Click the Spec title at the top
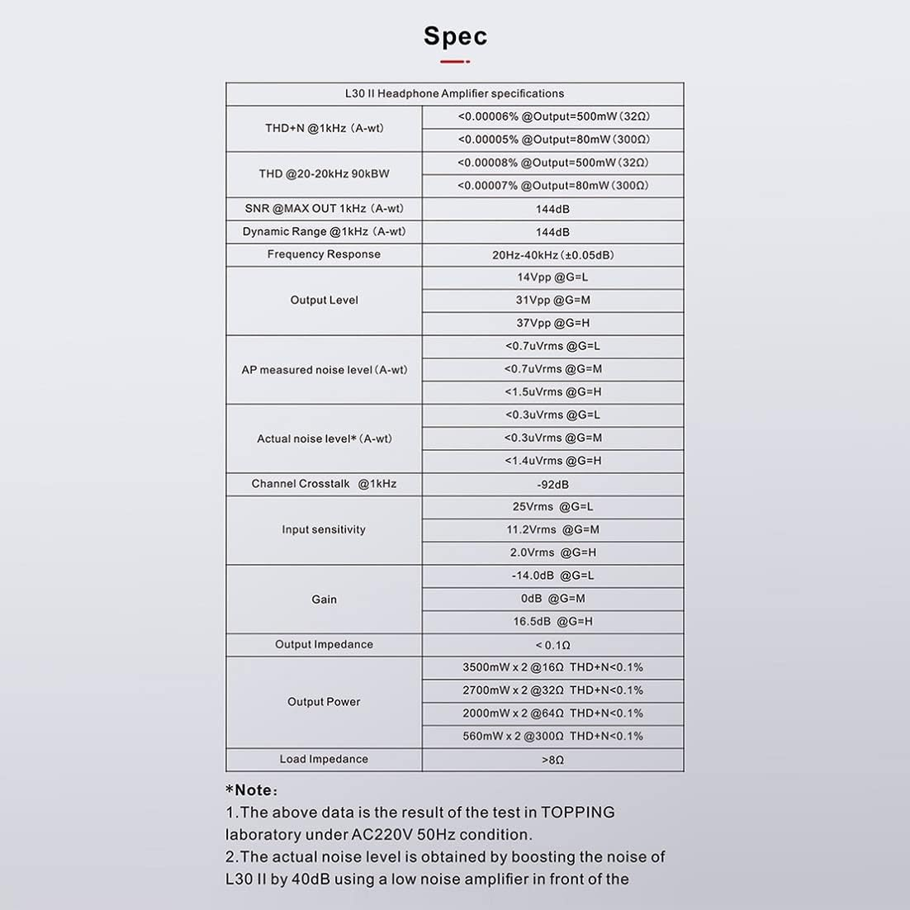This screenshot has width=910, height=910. click(455, 36)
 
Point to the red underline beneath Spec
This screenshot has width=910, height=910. click(455, 62)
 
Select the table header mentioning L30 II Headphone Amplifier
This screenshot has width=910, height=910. click(454, 94)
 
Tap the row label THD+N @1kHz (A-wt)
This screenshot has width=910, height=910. click(324, 129)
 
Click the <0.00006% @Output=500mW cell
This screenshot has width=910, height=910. click(553, 117)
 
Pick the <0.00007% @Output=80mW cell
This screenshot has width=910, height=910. click(553, 186)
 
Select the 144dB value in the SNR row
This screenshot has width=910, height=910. click(552, 209)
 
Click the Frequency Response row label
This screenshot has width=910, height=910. click(324, 254)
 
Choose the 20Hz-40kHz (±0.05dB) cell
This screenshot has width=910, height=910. click(553, 255)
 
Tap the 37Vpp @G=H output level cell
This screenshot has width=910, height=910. click(553, 324)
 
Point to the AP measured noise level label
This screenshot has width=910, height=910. click(324, 370)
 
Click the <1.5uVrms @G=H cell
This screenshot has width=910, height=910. click(553, 392)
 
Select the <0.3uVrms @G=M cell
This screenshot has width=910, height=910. click(553, 438)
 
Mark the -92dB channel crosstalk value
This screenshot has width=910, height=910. click(552, 485)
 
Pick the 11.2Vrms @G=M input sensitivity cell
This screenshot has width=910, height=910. click(553, 530)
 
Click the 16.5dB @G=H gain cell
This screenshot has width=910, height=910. click(553, 622)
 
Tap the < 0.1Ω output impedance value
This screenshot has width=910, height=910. click(552, 645)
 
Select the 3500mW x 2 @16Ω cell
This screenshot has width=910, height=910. click(553, 668)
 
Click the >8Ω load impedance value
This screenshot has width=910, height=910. click(552, 760)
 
